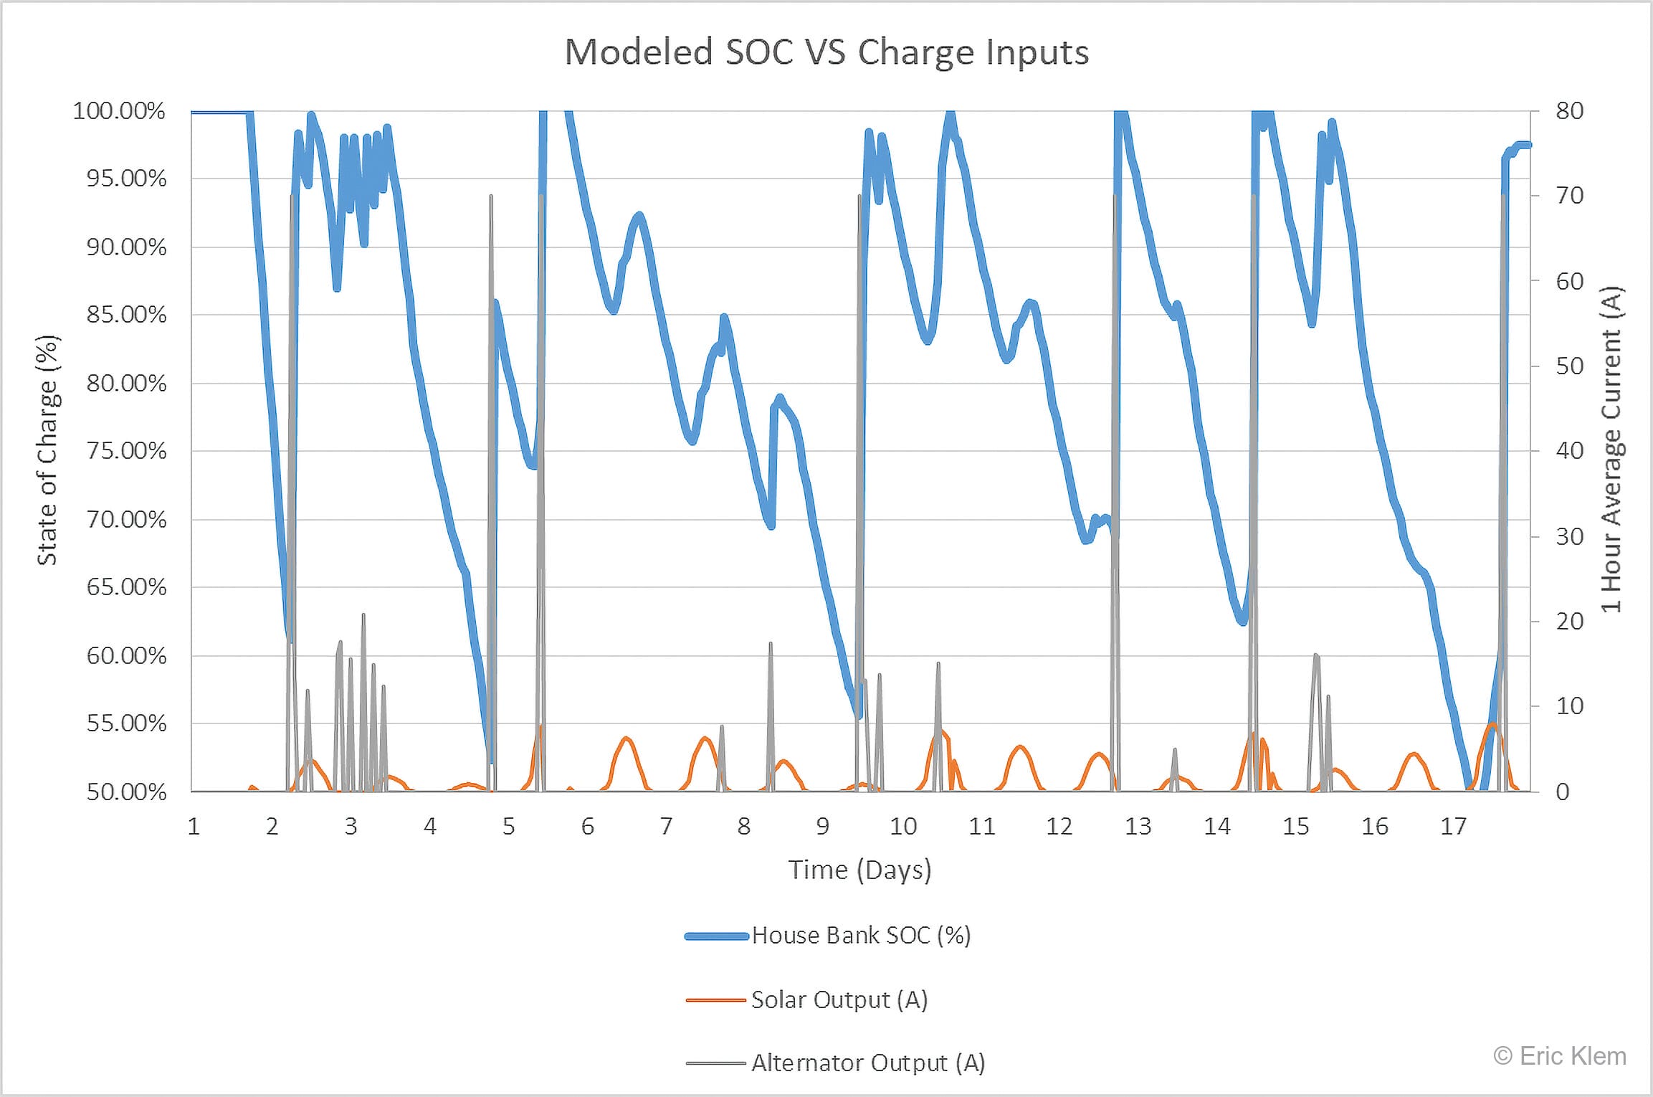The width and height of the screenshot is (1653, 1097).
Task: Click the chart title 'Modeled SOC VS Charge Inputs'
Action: (826, 53)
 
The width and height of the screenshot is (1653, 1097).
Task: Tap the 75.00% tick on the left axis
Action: (126, 451)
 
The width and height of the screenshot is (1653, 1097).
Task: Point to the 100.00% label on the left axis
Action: (119, 111)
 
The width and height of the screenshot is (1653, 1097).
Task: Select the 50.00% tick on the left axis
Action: (126, 792)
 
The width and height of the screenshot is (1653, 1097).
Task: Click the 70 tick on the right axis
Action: (1569, 195)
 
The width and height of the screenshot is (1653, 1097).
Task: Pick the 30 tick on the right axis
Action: (1569, 536)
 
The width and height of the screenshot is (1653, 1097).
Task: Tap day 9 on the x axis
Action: (823, 827)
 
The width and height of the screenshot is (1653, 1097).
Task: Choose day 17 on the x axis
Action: (1453, 827)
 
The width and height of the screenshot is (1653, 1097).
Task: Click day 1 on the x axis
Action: (194, 827)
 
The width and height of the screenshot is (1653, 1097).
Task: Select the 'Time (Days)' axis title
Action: (859, 870)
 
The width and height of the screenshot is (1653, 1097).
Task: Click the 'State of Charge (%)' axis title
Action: (47, 450)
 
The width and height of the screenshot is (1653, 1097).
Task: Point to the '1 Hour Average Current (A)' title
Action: (1611, 450)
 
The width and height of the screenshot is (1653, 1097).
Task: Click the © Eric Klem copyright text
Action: (1559, 1056)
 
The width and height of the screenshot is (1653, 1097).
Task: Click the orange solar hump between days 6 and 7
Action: (627, 739)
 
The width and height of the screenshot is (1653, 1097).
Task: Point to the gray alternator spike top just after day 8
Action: (771, 644)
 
